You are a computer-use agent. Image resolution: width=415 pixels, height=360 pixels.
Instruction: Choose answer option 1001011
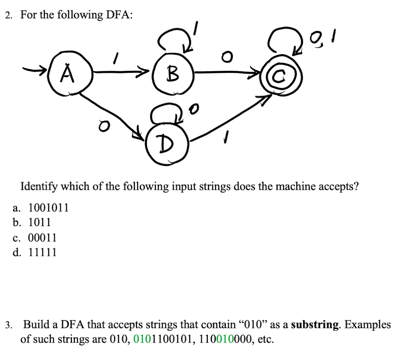pyautogui.click(x=48, y=208)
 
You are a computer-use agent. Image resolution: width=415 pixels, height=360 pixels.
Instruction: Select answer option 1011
pyautogui.click(x=40, y=222)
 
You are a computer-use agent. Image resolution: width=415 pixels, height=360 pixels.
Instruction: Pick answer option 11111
pyautogui.click(x=42, y=252)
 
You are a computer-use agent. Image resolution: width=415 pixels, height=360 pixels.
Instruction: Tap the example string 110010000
pyautogui.click(x=227, y=340)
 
